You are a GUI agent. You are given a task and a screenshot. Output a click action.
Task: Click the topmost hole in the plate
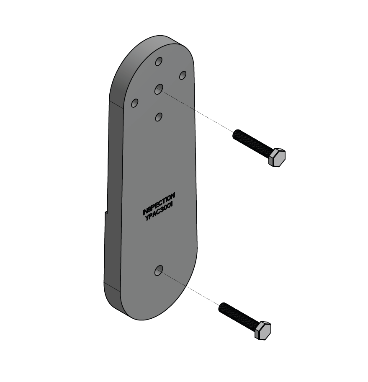coord(159,62)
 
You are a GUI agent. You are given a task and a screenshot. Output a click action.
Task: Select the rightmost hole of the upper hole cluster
coord(183,75)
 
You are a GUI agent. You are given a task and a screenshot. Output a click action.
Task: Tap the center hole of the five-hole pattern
coord(159,89)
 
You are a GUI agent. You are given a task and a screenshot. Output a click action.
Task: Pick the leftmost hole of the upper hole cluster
coord(135,103)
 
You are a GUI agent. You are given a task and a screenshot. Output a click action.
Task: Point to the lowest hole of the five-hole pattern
coord(158,117)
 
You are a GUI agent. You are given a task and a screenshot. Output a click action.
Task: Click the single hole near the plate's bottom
coord(158,271)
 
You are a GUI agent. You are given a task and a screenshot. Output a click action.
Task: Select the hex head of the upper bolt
coord(277,157)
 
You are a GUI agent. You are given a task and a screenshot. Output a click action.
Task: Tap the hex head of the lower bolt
coord(262,330)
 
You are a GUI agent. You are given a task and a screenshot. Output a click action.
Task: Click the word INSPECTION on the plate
coord(159,204)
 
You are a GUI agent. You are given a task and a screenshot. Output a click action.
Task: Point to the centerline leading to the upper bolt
coord(197,111)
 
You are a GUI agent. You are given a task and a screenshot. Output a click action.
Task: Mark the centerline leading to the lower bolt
coord(190,289)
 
